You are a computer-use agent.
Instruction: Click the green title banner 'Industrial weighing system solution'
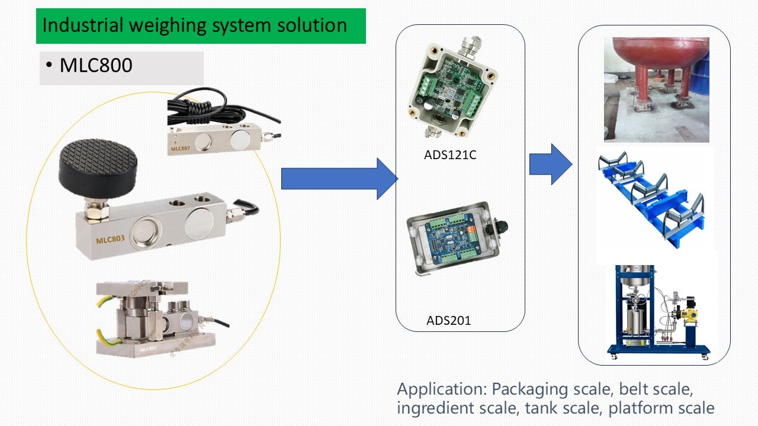[x=200, y=26]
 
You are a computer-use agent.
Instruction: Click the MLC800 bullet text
[x=96, y=65]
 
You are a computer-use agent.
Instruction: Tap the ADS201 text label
[x=448, y=321]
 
